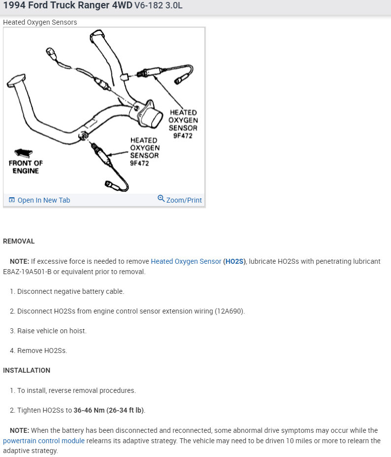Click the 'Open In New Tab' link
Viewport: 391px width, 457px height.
[x=43, y=200]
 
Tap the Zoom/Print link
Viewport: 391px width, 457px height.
[x=184, y=200]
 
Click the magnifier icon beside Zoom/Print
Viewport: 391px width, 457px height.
[x=161, y=199]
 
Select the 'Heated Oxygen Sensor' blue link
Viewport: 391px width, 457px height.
[x=186, y=261]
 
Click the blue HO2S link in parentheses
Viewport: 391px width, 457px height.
[x=234, y=261]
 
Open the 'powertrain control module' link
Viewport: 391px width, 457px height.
[x=44, y=441]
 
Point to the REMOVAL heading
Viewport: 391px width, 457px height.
[x=19, y=241]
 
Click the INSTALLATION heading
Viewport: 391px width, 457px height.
[x=27, y=370]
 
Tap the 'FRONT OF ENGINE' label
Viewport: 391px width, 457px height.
[x=26, y=167]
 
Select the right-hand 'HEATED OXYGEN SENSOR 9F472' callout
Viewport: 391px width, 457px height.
[x=183, y=124]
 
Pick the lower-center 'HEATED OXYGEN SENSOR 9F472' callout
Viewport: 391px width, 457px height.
[x=144, y=152]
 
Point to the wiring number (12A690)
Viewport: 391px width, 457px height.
[x=230, y=311]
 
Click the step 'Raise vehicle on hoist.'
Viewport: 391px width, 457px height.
[x=52, y=331]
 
